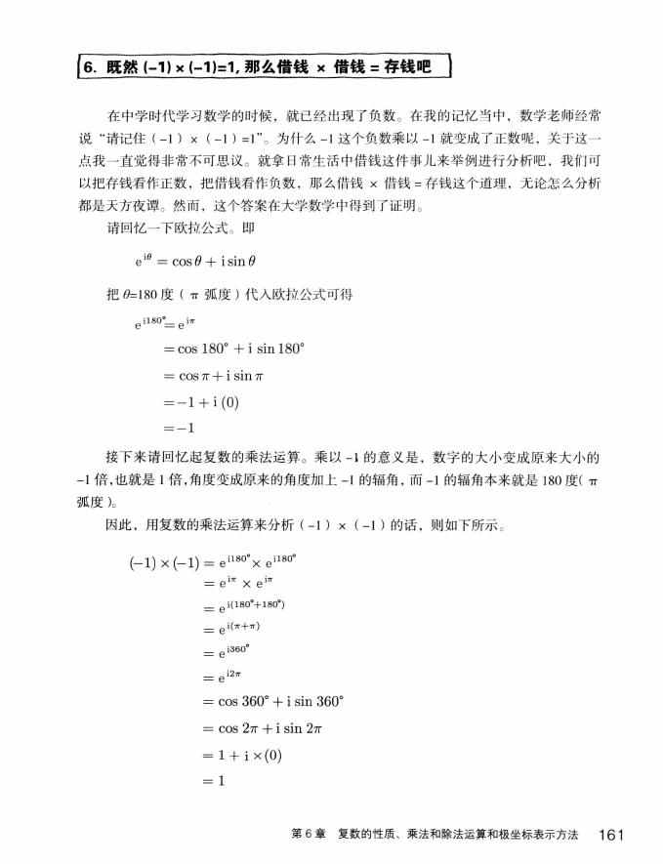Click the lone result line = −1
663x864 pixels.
click(x=180, y=428)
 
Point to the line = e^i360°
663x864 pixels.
click(x=227, y=653)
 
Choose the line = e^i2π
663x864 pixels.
click(x=224, y=677)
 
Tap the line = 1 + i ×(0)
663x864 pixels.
click(x=240, y=755)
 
